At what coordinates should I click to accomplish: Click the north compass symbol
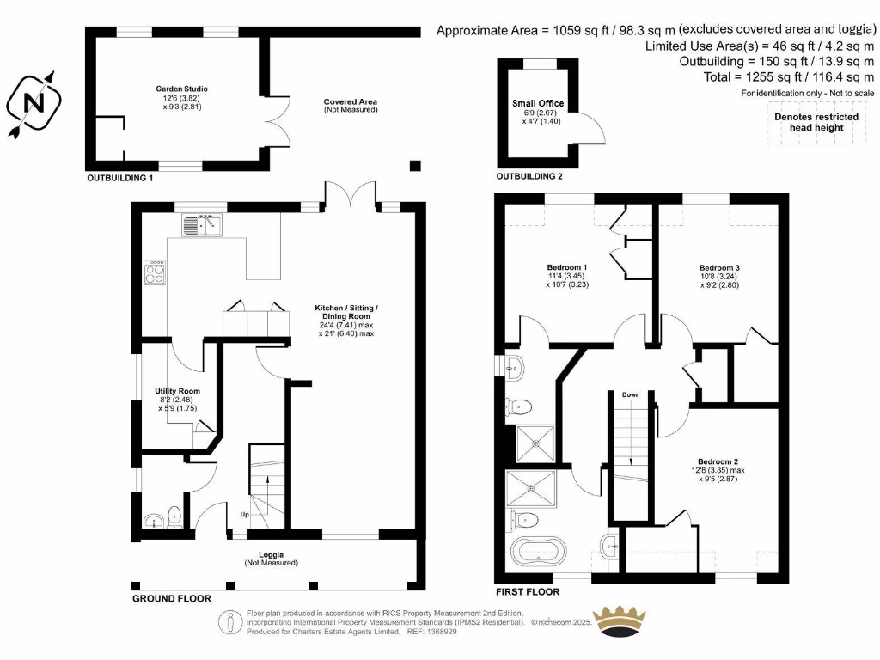click(x=34, y=103)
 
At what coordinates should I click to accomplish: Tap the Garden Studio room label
click(x=181, y=89)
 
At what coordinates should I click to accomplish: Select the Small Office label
click(x=538, y=104)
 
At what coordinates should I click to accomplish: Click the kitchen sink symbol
click(x=202, y=225)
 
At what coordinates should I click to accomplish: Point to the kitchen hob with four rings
click(x=156, y=272)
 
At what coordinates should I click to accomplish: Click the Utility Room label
click(x=178, y=391)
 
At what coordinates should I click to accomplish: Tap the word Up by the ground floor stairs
click(x=244, y=515)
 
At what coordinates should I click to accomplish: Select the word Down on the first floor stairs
click(x=631, y=394)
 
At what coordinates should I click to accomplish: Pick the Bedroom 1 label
click(x=567, y=267)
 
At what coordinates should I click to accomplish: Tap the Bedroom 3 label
click(x=719, y=268)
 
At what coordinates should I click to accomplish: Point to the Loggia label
click(x=271, y=554)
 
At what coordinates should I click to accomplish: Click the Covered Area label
click(x=350, y=101)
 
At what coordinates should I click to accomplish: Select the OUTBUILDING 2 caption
click(x=529, y=176)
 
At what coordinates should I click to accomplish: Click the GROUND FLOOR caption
click(x=171, y=597)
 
